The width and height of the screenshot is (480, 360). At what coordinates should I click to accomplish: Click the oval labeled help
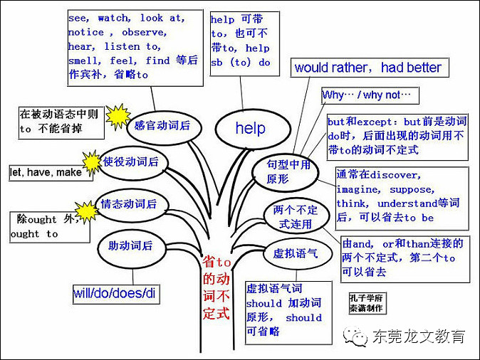coord(250,128)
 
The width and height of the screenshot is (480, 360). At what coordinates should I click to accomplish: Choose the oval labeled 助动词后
coord(131,246)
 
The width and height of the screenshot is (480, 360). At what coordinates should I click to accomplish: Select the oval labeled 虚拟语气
coord(291,253)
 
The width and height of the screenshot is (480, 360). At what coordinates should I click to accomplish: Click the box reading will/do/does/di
coord(114,293)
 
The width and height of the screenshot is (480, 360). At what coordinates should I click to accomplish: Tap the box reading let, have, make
coord(46,172)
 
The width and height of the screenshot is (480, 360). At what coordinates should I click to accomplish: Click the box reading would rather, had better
coord(368,68)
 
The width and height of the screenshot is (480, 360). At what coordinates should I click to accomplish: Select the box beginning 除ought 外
coord(46,226)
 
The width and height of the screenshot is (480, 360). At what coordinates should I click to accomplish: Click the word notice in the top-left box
coord(85,33)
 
